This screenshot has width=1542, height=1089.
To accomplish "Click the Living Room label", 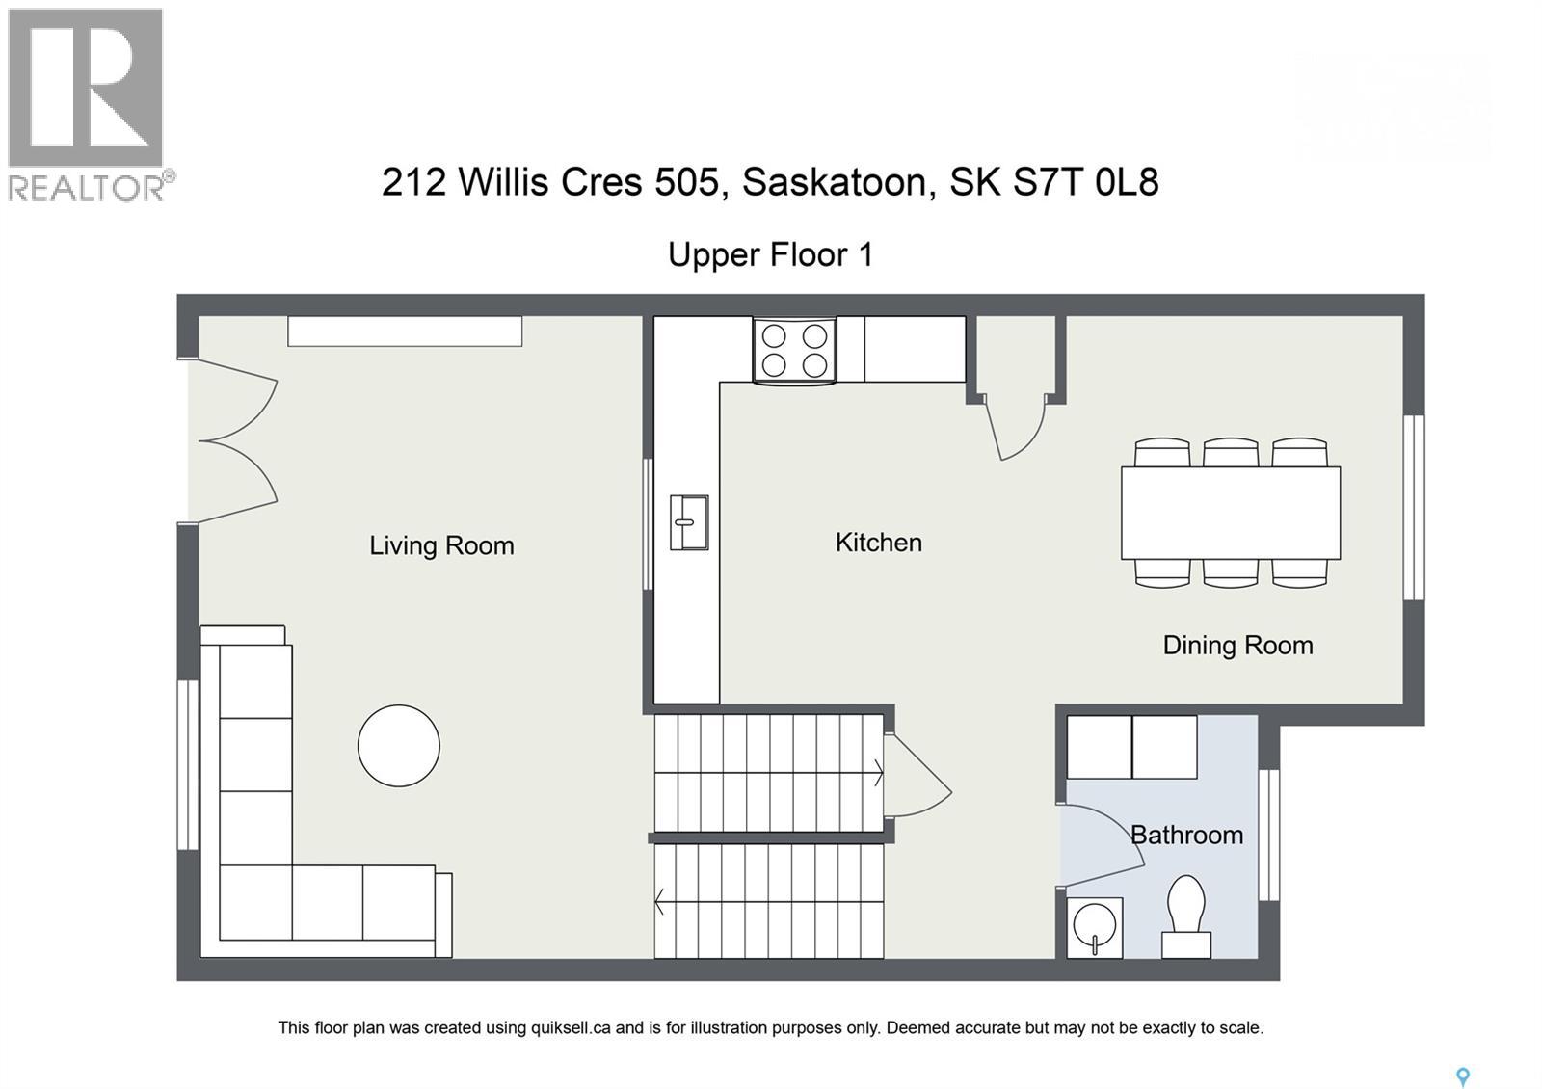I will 441,545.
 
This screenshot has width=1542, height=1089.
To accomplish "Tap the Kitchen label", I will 878,543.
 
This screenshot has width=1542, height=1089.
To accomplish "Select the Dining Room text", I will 1237,645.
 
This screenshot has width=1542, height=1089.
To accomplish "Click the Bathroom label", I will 1186,835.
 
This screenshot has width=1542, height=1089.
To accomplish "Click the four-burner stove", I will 795,351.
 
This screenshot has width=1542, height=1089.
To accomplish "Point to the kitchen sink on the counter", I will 688,522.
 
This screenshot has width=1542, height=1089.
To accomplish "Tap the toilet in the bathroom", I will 1186,916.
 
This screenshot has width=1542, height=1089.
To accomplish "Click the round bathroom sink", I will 1095,928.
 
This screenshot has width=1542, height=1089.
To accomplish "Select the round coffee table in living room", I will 399,745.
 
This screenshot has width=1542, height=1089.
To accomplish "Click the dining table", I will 1231,513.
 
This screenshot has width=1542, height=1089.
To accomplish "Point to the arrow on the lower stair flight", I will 661,903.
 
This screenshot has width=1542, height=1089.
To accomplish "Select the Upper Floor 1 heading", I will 770,254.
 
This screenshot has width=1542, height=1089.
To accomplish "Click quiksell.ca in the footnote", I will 570,1027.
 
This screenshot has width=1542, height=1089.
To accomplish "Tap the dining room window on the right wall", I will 1413,507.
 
